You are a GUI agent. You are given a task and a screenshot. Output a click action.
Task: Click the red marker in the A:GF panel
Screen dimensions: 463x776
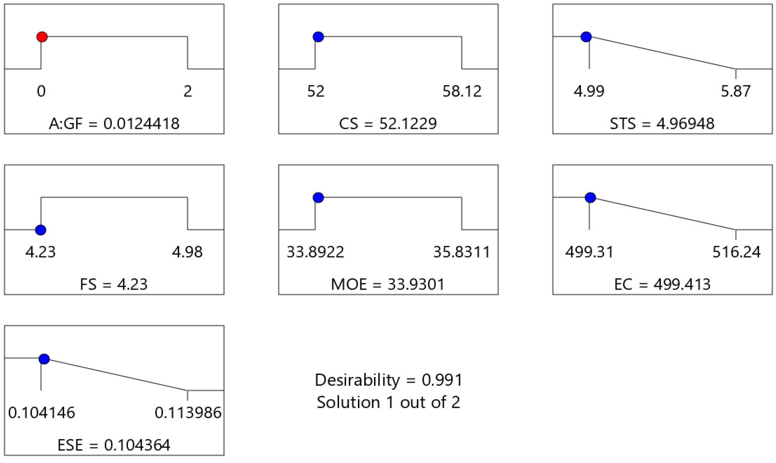point(42,37)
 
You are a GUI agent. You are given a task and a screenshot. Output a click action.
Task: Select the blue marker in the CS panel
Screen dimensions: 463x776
point(318,37)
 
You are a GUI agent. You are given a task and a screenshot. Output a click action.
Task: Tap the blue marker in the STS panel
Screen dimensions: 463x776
point(586,37)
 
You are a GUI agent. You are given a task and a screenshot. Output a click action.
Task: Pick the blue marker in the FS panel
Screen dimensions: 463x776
point(41,230)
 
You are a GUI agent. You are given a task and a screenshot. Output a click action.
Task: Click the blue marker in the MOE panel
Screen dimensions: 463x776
point(318,197)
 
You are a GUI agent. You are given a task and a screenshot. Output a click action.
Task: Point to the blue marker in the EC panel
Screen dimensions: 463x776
point(590,197)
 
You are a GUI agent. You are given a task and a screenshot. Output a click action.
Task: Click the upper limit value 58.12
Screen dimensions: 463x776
point(462,91)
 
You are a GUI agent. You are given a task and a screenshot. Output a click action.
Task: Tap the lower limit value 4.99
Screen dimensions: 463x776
point(589,91)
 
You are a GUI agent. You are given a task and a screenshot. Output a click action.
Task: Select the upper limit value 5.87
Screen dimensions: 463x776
point(736,91)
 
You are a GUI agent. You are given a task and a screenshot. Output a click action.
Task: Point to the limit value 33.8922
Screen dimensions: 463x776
point(315,252)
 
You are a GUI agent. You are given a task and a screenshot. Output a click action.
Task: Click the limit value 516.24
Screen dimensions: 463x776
point(736,252)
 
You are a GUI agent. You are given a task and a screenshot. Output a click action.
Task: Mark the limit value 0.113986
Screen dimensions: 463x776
point(188,413)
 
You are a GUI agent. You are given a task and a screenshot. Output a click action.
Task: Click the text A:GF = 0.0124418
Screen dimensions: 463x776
point(114,124)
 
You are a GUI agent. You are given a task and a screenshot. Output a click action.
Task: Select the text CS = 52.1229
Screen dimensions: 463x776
point(388,124)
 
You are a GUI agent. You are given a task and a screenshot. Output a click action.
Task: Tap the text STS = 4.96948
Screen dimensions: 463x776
point(662,124)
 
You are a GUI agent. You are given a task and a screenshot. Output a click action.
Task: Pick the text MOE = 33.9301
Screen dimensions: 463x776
point(388,284)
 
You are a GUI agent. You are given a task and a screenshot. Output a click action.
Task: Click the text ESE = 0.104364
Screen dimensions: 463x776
point(114,445)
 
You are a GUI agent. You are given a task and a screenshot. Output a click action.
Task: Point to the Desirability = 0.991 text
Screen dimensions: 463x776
point(388,380)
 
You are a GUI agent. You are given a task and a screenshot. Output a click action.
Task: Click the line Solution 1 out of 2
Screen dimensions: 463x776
point(388,403)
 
